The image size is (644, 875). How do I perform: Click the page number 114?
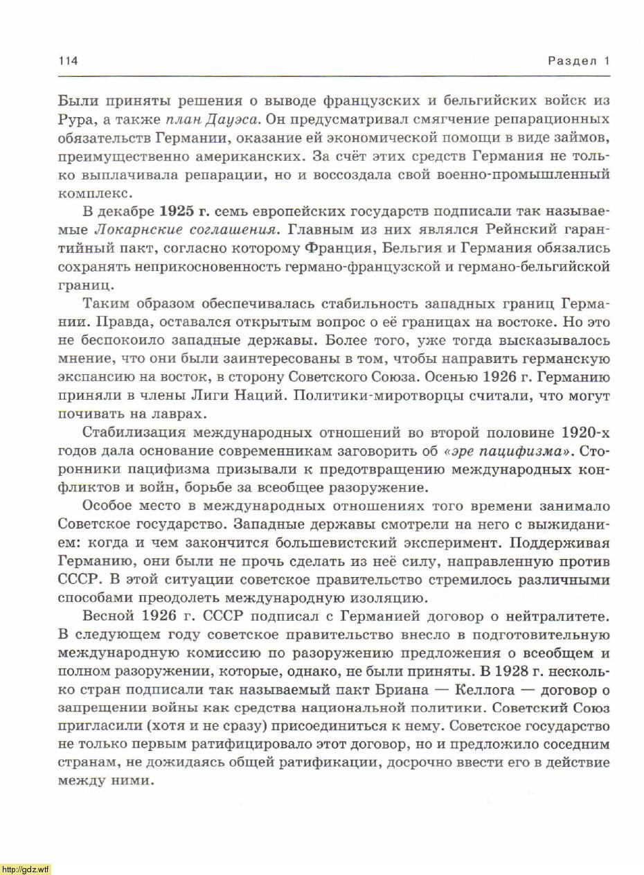point(68,61)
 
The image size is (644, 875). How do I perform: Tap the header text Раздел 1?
point(578,61)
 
